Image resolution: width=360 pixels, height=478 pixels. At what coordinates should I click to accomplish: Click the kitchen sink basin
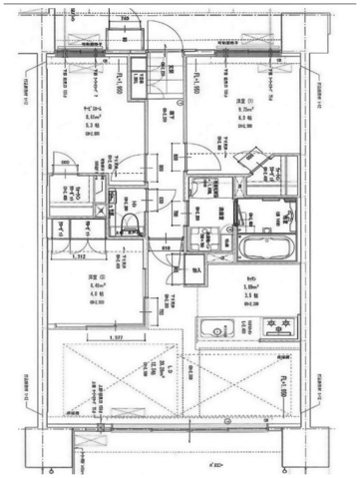(213, 329)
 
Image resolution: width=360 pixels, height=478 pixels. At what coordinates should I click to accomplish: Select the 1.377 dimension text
(119, 339)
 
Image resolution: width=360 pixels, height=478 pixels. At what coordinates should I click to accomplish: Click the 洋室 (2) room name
(70, 274)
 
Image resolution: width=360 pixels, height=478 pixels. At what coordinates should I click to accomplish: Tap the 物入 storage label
(194, 270)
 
